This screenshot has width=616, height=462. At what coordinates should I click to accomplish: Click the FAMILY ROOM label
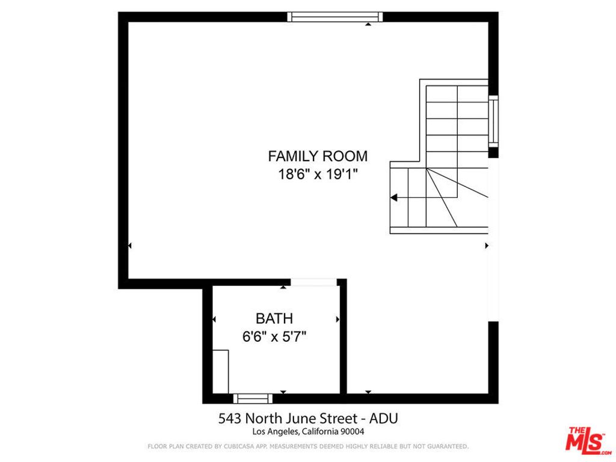pyautogui.click(x=318, y=156)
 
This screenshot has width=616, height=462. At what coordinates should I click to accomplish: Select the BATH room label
pyautogui.click(x=274, y=319)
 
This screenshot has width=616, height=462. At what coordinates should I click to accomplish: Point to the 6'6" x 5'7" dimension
pyautogui.click(x=274, y=337)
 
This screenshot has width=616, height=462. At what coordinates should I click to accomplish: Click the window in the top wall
pyautogui.click(x=334, y=17)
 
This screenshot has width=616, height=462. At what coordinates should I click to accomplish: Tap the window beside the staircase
pyautogui.click(x=493, y=121)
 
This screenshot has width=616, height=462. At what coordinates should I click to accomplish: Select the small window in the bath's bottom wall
pyautogui.click(x=253, y=398)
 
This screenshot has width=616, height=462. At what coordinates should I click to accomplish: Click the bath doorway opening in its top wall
pyautogui.click(x=313, y=282)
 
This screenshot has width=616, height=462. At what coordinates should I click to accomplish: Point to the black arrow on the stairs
pyautogui.click(x=394, y=197)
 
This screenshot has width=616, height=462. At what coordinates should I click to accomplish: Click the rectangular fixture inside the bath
pyautogui.click(x=220, y=371)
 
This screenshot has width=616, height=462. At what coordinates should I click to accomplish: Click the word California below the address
pyautogui.click(x=319, y=431)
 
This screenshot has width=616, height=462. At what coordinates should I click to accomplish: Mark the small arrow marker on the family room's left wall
pyautogui.click(x=130, y=245)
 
